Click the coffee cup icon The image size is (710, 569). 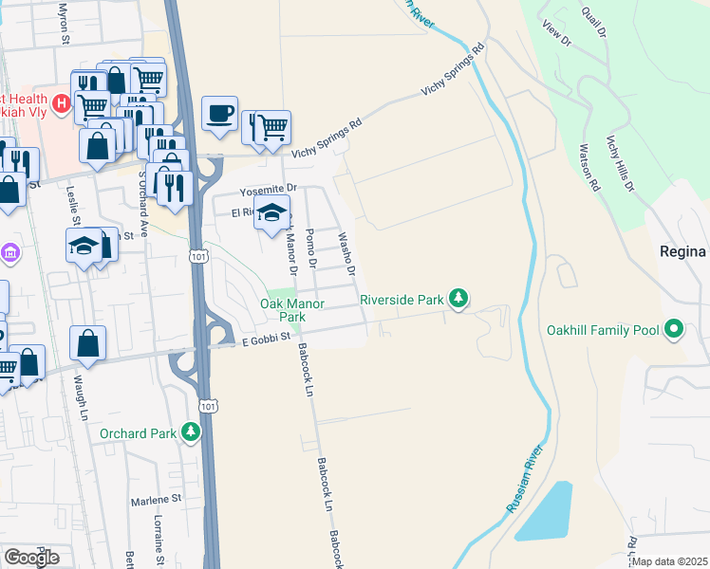(219, 114)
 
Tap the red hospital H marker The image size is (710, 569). (62, 102)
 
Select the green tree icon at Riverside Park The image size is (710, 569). (459, 300)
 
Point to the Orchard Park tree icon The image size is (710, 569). (192, 433)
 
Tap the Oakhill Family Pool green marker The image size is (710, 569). (675, 330)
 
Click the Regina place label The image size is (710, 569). (682, 251)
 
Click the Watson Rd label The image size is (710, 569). (589, 168)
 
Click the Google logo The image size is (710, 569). (31, 557)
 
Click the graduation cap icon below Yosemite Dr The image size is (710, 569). (271, 214)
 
